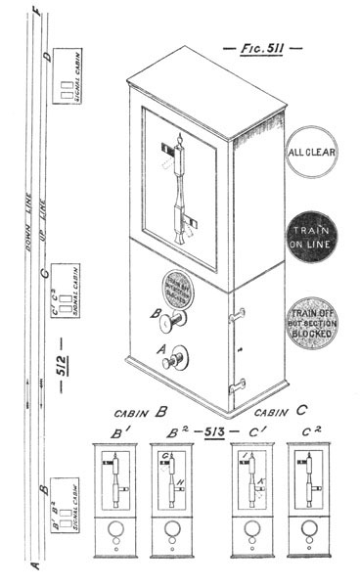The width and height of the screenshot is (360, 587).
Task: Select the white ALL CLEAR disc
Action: (x=311, y=153)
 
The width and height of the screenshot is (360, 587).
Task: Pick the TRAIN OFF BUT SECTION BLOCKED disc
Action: (x=311, y=318)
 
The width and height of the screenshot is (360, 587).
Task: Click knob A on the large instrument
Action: (x=176, y=359)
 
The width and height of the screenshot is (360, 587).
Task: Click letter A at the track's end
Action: (x=35, y=565)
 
